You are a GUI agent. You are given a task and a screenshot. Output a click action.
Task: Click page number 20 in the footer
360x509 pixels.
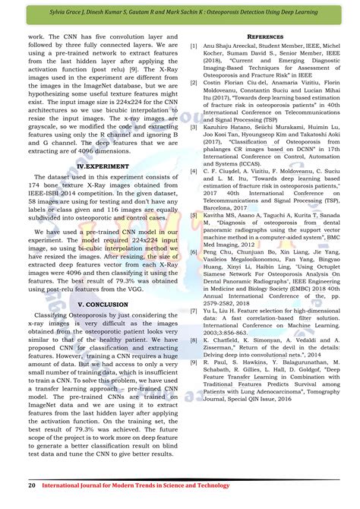click(x=31, y=483)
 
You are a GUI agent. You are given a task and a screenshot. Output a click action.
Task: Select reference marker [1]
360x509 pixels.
click(x=194, y=46)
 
